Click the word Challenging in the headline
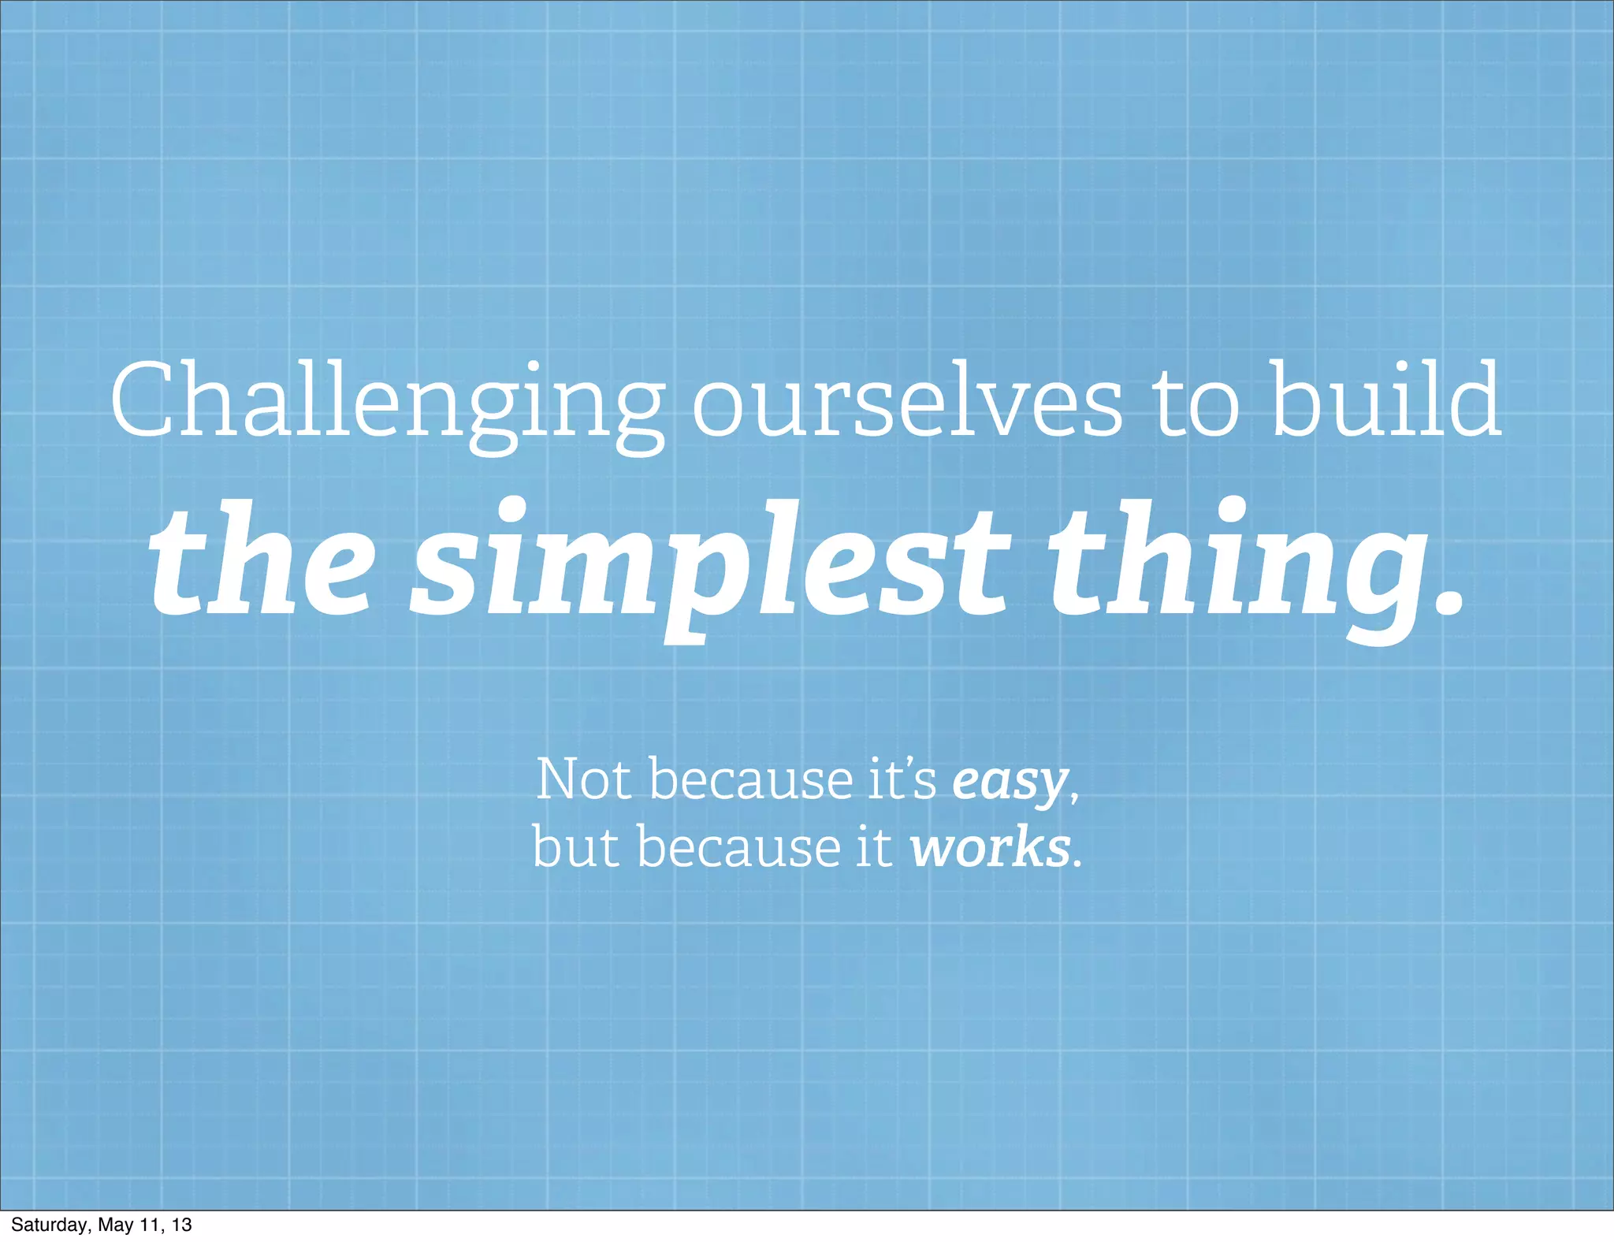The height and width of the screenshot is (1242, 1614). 386,402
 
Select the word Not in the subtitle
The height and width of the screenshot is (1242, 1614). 583,779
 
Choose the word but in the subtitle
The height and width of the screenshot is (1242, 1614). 576,846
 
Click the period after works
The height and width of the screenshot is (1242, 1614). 1078,864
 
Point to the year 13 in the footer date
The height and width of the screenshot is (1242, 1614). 182,1225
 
